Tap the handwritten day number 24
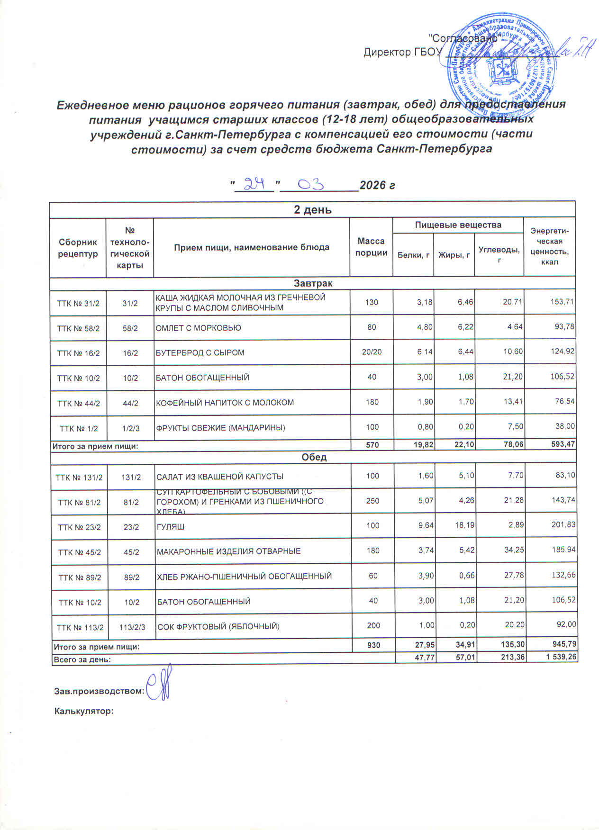click(x=254, y=183)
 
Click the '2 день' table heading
click(x=312, y=210)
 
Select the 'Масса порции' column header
click(x=371, y=247)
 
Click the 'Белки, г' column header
click(x=413, y=255)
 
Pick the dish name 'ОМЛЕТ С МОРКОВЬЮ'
click(x=199, y=328)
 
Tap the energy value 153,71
click(x=562, y=302)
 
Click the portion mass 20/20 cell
click(x=372, y=352)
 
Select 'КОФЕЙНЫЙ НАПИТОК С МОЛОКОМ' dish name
click(x=225, y=403)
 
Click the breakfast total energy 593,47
click(x=562, y=445)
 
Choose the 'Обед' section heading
click(x=313, y=457)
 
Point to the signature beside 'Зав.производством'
click(x=158, y=687)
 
